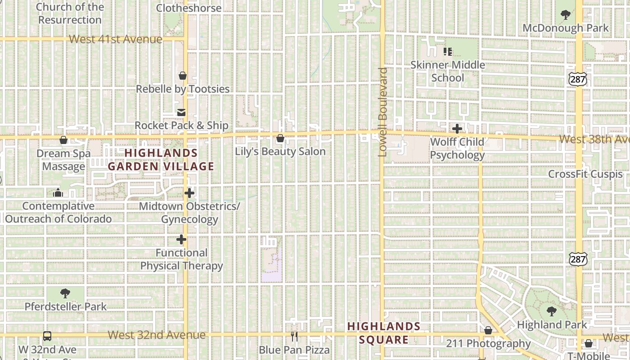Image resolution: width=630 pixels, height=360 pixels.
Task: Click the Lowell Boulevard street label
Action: (x=382, y=112)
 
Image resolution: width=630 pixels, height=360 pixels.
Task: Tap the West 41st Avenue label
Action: (x=116, y=39)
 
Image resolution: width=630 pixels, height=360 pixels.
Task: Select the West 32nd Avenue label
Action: (x=157, y=335)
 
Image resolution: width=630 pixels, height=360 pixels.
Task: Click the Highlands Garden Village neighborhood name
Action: (x=161, y=160)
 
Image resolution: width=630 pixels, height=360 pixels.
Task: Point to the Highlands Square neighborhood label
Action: (x=384, y=333)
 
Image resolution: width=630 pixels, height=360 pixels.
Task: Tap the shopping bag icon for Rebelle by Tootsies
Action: (x=183, y=76)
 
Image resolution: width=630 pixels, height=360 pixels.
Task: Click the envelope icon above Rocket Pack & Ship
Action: (x=181, y=112)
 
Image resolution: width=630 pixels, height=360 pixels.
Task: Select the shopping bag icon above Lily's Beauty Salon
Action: (x=280, y=138)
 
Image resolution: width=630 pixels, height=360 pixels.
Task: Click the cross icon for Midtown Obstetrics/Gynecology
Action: (x=189, y=193)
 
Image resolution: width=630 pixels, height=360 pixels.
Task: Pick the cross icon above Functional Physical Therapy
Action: (x=181, y=239)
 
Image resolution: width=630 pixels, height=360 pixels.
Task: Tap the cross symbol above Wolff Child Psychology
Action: (x=457, y=129)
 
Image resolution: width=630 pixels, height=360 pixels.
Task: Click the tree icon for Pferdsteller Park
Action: (x=65, y=293)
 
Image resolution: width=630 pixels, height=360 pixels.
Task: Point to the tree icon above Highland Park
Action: (x=552, y=311)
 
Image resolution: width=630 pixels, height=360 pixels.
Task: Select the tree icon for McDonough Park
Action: (x=566, y=15)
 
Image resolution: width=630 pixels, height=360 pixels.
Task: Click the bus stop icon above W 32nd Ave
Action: (x=47, y=336)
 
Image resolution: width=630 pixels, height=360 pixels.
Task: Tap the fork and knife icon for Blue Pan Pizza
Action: (x=294, y=336)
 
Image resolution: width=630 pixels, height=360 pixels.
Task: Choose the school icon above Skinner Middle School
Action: (x=447, y=52)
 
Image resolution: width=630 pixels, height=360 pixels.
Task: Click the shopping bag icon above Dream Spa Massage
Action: (x=63, y=140)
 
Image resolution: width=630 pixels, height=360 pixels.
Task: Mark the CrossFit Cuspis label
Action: (x=585, y=174)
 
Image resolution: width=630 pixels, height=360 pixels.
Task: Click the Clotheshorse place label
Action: (x=189, y=8)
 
